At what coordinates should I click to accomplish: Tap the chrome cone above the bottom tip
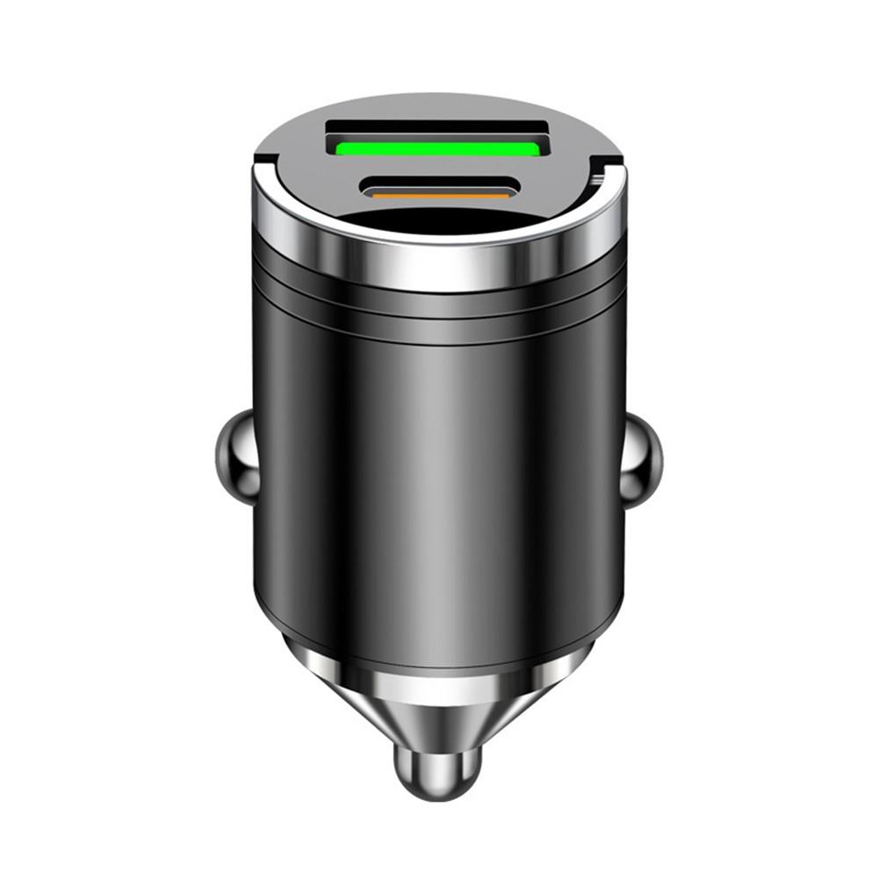point(436,694)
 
